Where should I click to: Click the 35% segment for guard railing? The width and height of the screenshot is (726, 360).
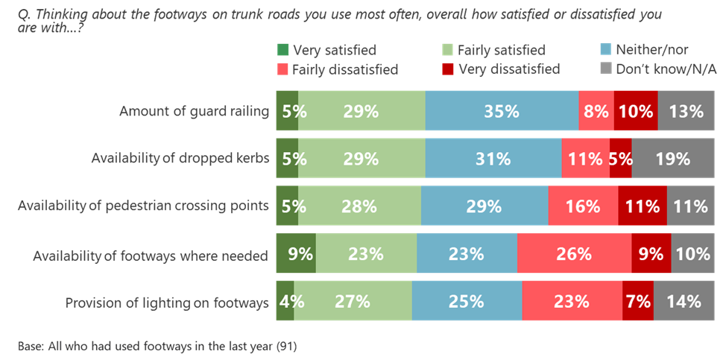pos(501,112)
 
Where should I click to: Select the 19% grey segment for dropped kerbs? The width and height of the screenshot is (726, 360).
pos(672,159)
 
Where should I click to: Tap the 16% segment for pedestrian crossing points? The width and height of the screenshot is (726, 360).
pos(583,206)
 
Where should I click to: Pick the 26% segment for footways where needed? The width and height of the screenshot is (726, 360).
pos(574,254)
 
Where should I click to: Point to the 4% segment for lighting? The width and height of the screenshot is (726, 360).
pos(285,302)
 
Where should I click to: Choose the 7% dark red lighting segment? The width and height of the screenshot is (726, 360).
pos(639,302)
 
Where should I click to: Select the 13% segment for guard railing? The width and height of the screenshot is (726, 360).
pos(686,112)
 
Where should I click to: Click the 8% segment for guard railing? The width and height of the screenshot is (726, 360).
pos(596,112)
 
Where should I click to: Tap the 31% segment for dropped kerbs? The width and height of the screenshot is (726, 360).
pos(493,159)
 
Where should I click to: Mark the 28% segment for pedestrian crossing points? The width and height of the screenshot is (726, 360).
pos(359,206)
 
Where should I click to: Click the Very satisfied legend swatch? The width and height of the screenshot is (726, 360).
pos(283,51)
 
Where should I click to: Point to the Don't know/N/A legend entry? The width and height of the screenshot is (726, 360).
pos(656,69)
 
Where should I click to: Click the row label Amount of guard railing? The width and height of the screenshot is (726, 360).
pos(194,112)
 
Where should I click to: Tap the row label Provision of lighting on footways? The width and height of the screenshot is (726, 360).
pos(166,303)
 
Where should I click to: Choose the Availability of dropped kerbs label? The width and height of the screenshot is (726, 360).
pos(180,160)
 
